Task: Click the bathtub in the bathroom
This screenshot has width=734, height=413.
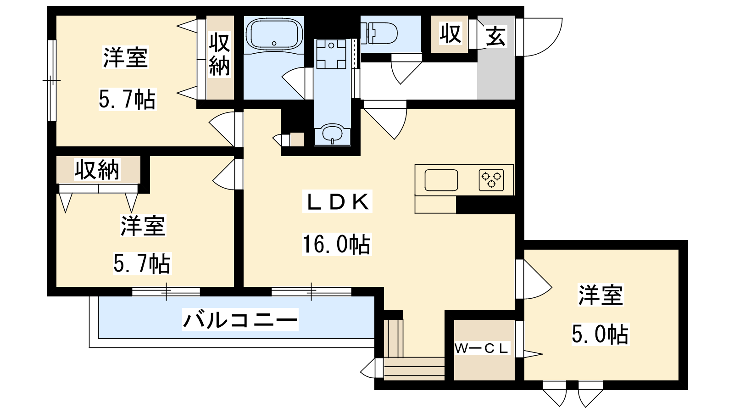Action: coord(274,34)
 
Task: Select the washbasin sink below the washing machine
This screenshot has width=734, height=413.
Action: coord(332,134)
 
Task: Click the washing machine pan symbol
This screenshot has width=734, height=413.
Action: coord(331,54)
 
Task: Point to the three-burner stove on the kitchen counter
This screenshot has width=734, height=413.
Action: coord(491,180)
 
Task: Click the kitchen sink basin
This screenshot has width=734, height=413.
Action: coord(441,180)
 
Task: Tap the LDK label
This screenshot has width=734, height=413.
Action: coord(337,201)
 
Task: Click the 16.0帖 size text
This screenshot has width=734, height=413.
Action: coord(337,244)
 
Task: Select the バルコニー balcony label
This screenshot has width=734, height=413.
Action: coord(240,319)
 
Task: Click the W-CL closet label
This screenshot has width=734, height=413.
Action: coord(481,348)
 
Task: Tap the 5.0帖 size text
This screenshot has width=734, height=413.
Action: coord(600,334)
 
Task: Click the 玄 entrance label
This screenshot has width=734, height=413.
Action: coord(495,36)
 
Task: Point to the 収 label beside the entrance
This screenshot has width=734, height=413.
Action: coord(450,33)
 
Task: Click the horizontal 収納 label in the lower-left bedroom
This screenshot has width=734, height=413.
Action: coord(97,169)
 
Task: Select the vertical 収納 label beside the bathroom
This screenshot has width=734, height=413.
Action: coord(219,55)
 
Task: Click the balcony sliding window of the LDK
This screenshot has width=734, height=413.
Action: coord(311,291)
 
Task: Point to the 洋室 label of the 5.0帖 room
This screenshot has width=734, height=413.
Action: coord(601,295)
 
